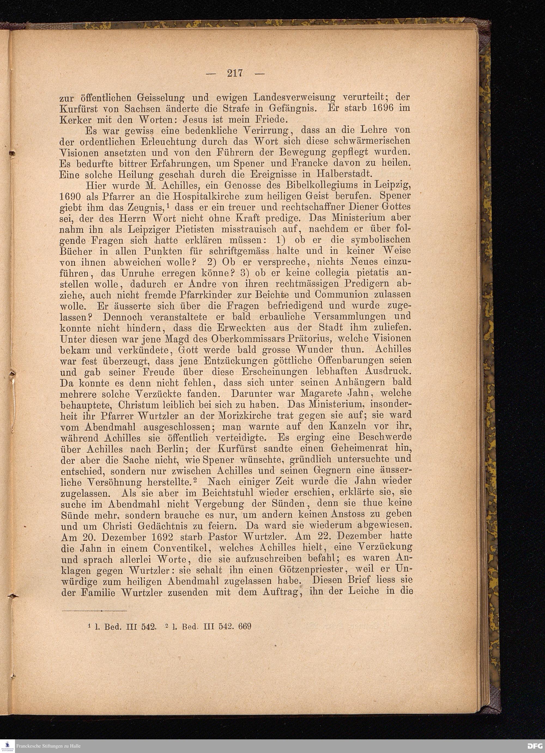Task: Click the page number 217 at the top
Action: point(235,73)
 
